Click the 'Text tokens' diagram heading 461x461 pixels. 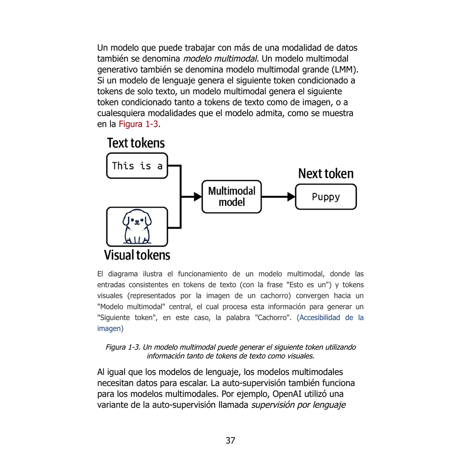point(136,143)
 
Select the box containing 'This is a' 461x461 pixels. point(137,166)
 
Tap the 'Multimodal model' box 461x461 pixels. point(231,196)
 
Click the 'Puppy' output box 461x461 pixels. point(326,197)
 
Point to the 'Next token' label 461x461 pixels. point(326,174)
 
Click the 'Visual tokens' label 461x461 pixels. point(137,255)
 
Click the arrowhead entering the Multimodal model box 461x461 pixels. point(198,197)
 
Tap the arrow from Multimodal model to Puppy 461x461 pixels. point(277,197)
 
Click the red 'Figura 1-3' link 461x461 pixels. point(138,124)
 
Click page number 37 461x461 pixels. point(230,441)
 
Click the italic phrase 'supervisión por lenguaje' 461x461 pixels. point(298,405)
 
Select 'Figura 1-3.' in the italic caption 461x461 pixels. point(123,347)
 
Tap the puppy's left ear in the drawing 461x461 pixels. point(126,220)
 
